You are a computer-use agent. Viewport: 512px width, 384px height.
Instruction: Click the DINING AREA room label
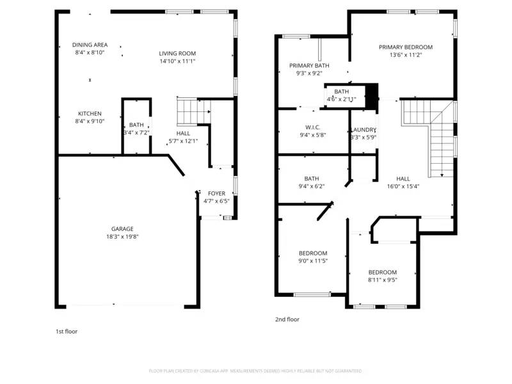90,45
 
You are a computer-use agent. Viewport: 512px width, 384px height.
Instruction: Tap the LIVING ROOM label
177,53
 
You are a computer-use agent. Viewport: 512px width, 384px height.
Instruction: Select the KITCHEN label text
90,113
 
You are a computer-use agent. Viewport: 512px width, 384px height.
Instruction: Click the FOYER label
216,193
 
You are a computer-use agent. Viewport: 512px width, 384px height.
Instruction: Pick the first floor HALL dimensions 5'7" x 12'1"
183,141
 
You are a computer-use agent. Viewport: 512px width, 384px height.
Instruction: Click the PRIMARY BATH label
309,65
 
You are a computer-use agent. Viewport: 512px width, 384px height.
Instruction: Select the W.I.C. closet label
313,127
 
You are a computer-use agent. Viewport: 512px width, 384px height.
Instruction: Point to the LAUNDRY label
363,129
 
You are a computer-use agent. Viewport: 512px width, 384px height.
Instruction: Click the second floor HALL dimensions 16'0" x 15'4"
403,187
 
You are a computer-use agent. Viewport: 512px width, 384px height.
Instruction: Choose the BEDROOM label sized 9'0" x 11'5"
313,253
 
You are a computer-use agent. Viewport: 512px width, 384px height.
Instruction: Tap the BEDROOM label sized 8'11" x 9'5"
382,272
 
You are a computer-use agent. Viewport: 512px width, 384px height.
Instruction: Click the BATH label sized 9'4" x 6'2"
312,179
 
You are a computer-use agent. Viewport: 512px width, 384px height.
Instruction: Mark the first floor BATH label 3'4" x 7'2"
136,125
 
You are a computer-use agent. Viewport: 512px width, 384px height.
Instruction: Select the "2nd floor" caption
287,319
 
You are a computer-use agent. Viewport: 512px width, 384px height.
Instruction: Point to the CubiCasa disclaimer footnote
255,371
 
